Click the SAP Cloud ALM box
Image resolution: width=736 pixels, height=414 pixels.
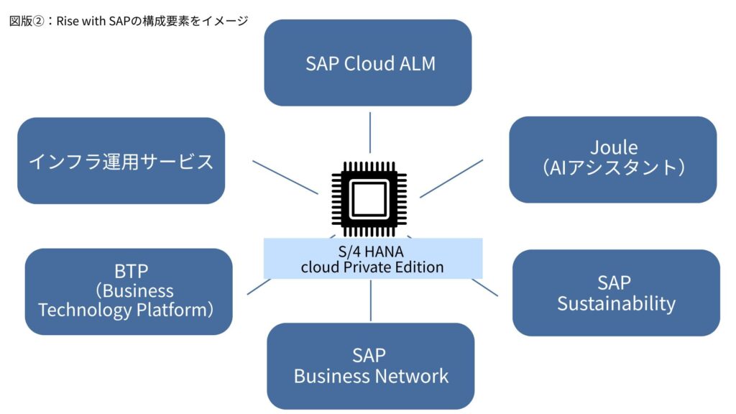pos(367,63)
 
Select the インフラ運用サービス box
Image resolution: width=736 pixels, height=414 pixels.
pos(121,160)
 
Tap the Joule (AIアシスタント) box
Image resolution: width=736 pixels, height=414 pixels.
pos(612,160)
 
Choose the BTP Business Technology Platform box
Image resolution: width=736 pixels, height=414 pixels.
pos(129,292)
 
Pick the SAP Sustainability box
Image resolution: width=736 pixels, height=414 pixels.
pos(616,293)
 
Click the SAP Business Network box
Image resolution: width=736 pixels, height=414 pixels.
pos(370,366)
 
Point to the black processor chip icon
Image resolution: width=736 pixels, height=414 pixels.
pos(369,198)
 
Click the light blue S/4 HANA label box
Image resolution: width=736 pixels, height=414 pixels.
pos(373,259)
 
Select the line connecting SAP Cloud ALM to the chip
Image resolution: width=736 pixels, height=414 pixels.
pos(370,132)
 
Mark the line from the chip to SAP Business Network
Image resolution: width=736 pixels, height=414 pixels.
pos(371,300)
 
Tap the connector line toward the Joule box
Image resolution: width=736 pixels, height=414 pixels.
pos(451,179)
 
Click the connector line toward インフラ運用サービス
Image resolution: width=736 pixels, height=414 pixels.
pos(285,178)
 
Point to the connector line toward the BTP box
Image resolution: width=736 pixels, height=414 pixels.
pos(259,287)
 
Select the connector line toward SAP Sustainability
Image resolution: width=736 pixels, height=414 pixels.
pos(485,287)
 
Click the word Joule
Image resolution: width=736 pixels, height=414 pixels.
pos(614,148)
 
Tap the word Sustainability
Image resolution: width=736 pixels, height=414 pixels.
pos(616,304)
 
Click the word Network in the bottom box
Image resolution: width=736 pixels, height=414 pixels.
pos(412,377)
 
